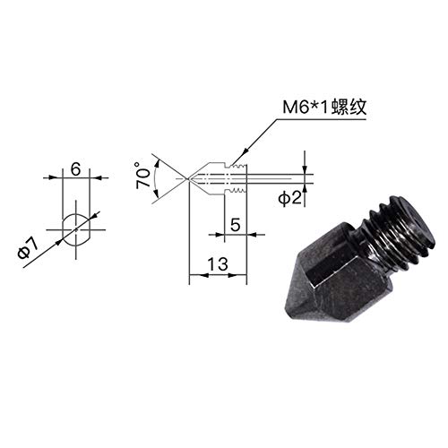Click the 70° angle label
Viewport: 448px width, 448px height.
pos(142,176)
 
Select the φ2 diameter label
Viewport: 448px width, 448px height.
pos(290,198)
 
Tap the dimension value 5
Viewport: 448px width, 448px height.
pos(235,225)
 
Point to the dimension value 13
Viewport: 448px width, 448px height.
pos(218,263)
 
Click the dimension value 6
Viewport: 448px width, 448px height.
pos(76,169)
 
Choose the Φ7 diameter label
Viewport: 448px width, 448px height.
pos(28,248)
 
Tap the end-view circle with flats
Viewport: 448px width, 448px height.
pos(76,229)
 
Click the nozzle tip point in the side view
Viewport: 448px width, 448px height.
pos(187,179)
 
